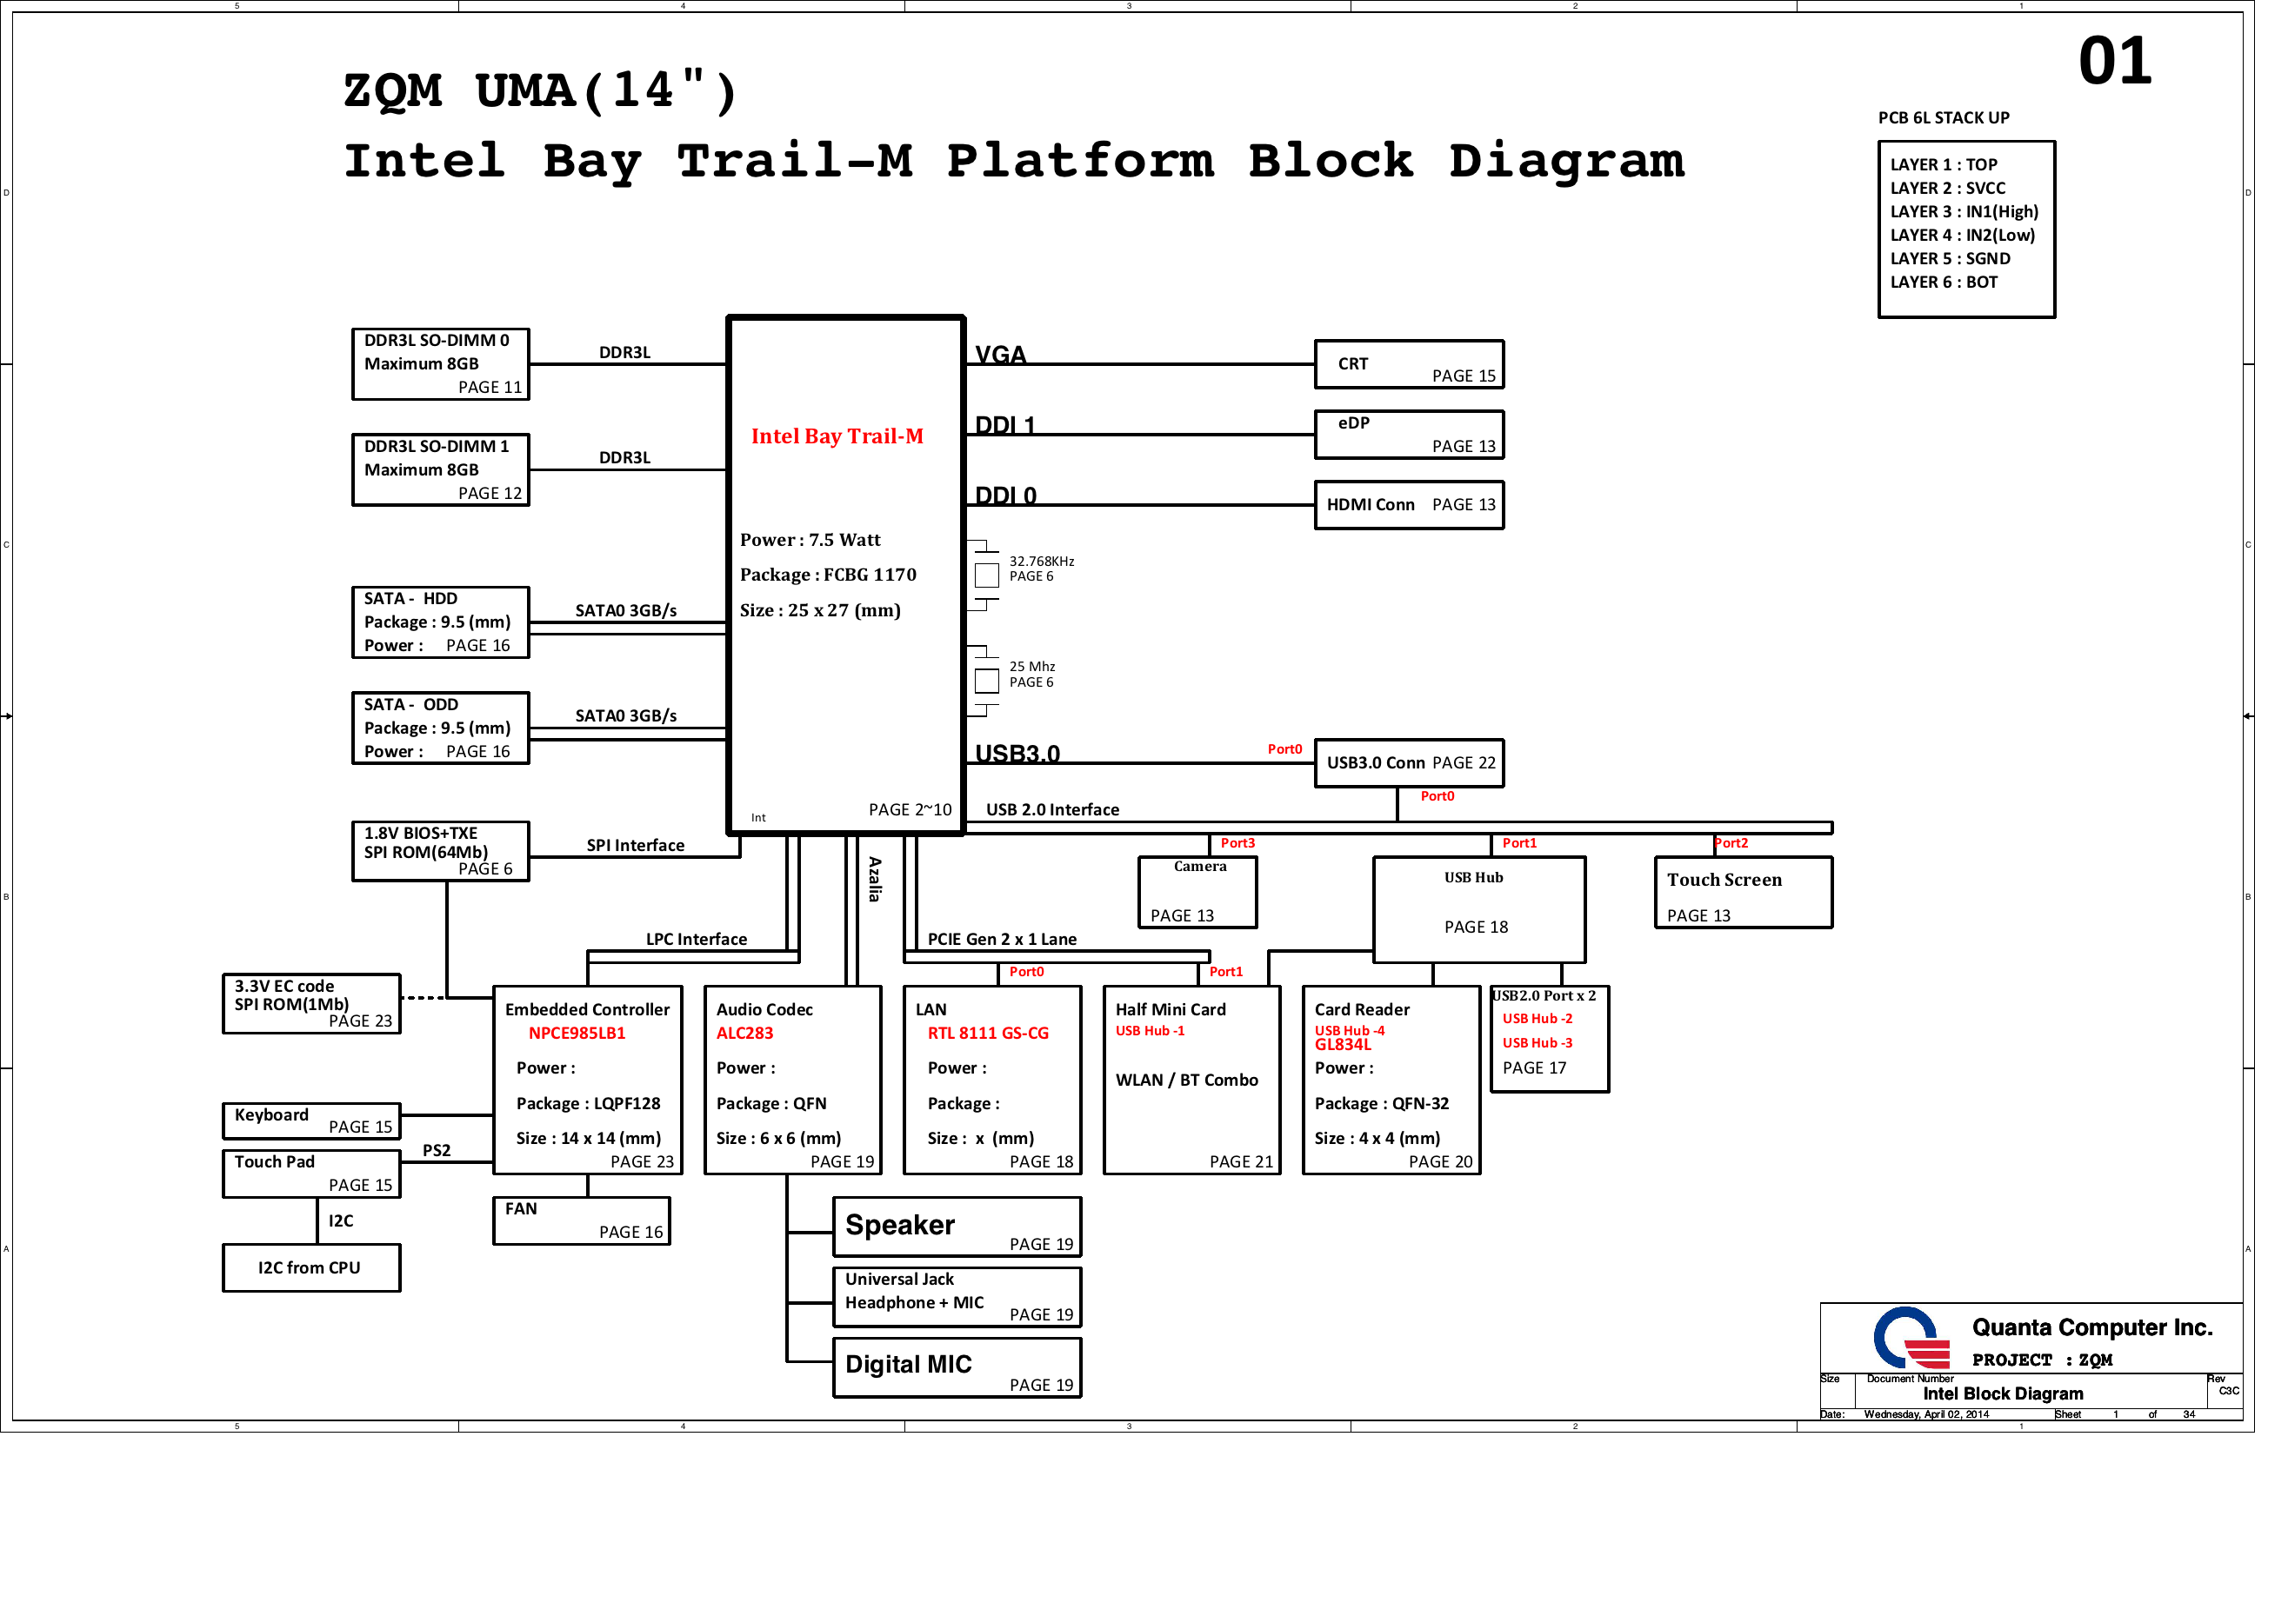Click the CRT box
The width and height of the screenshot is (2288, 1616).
pyautogui.click(x=1408, y=363)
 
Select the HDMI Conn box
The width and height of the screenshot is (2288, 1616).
pyautogui.click(x=1408, y=505)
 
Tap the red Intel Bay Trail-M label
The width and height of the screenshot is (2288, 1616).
pyautogui.click(x=837, y=436)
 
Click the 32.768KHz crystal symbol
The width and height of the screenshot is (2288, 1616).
pyautogui.click(x=985, y=575)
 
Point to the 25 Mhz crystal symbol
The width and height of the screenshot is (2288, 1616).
pyautogui.click(x=985, y=682)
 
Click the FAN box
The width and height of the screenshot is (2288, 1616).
pyautogui.click(x=581, y=1220)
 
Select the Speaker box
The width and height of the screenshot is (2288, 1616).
pyautogui.click(x=956, y=1227)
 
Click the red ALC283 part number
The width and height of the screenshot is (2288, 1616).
pyautogui.click(x=744, y=1034)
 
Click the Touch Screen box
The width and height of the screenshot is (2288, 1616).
pyautogui.click(x=1742, y=893)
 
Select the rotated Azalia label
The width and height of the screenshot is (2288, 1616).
pyautogui.click(x=874, y=879)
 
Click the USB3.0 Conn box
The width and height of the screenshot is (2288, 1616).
pyautogui.click(x=1408, y=763)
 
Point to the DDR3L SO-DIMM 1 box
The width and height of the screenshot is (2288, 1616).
pyautogui.click(x=439, y=469)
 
